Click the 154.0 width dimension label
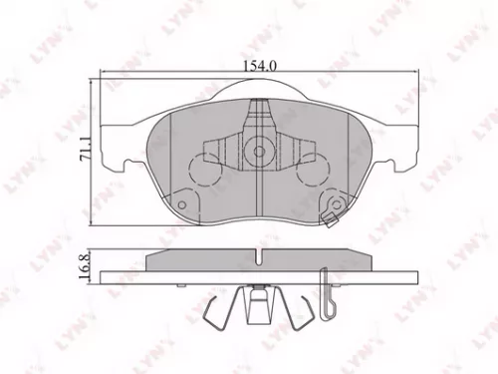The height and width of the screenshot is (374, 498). point(256,66)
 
